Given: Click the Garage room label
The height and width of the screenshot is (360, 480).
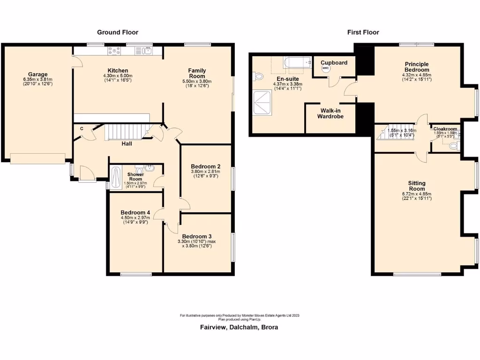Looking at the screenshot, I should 37,74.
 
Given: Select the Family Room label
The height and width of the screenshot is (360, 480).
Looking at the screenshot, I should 197,73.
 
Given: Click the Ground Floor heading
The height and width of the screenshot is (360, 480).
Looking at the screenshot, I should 118,32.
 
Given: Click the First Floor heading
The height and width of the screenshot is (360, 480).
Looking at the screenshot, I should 363,32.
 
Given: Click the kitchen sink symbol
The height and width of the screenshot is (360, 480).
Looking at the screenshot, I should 148,51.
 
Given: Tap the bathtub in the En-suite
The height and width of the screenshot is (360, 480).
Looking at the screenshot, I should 297,62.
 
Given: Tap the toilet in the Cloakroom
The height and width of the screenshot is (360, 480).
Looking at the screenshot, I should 453,146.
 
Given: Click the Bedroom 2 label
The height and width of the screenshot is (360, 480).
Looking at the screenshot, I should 206,166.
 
